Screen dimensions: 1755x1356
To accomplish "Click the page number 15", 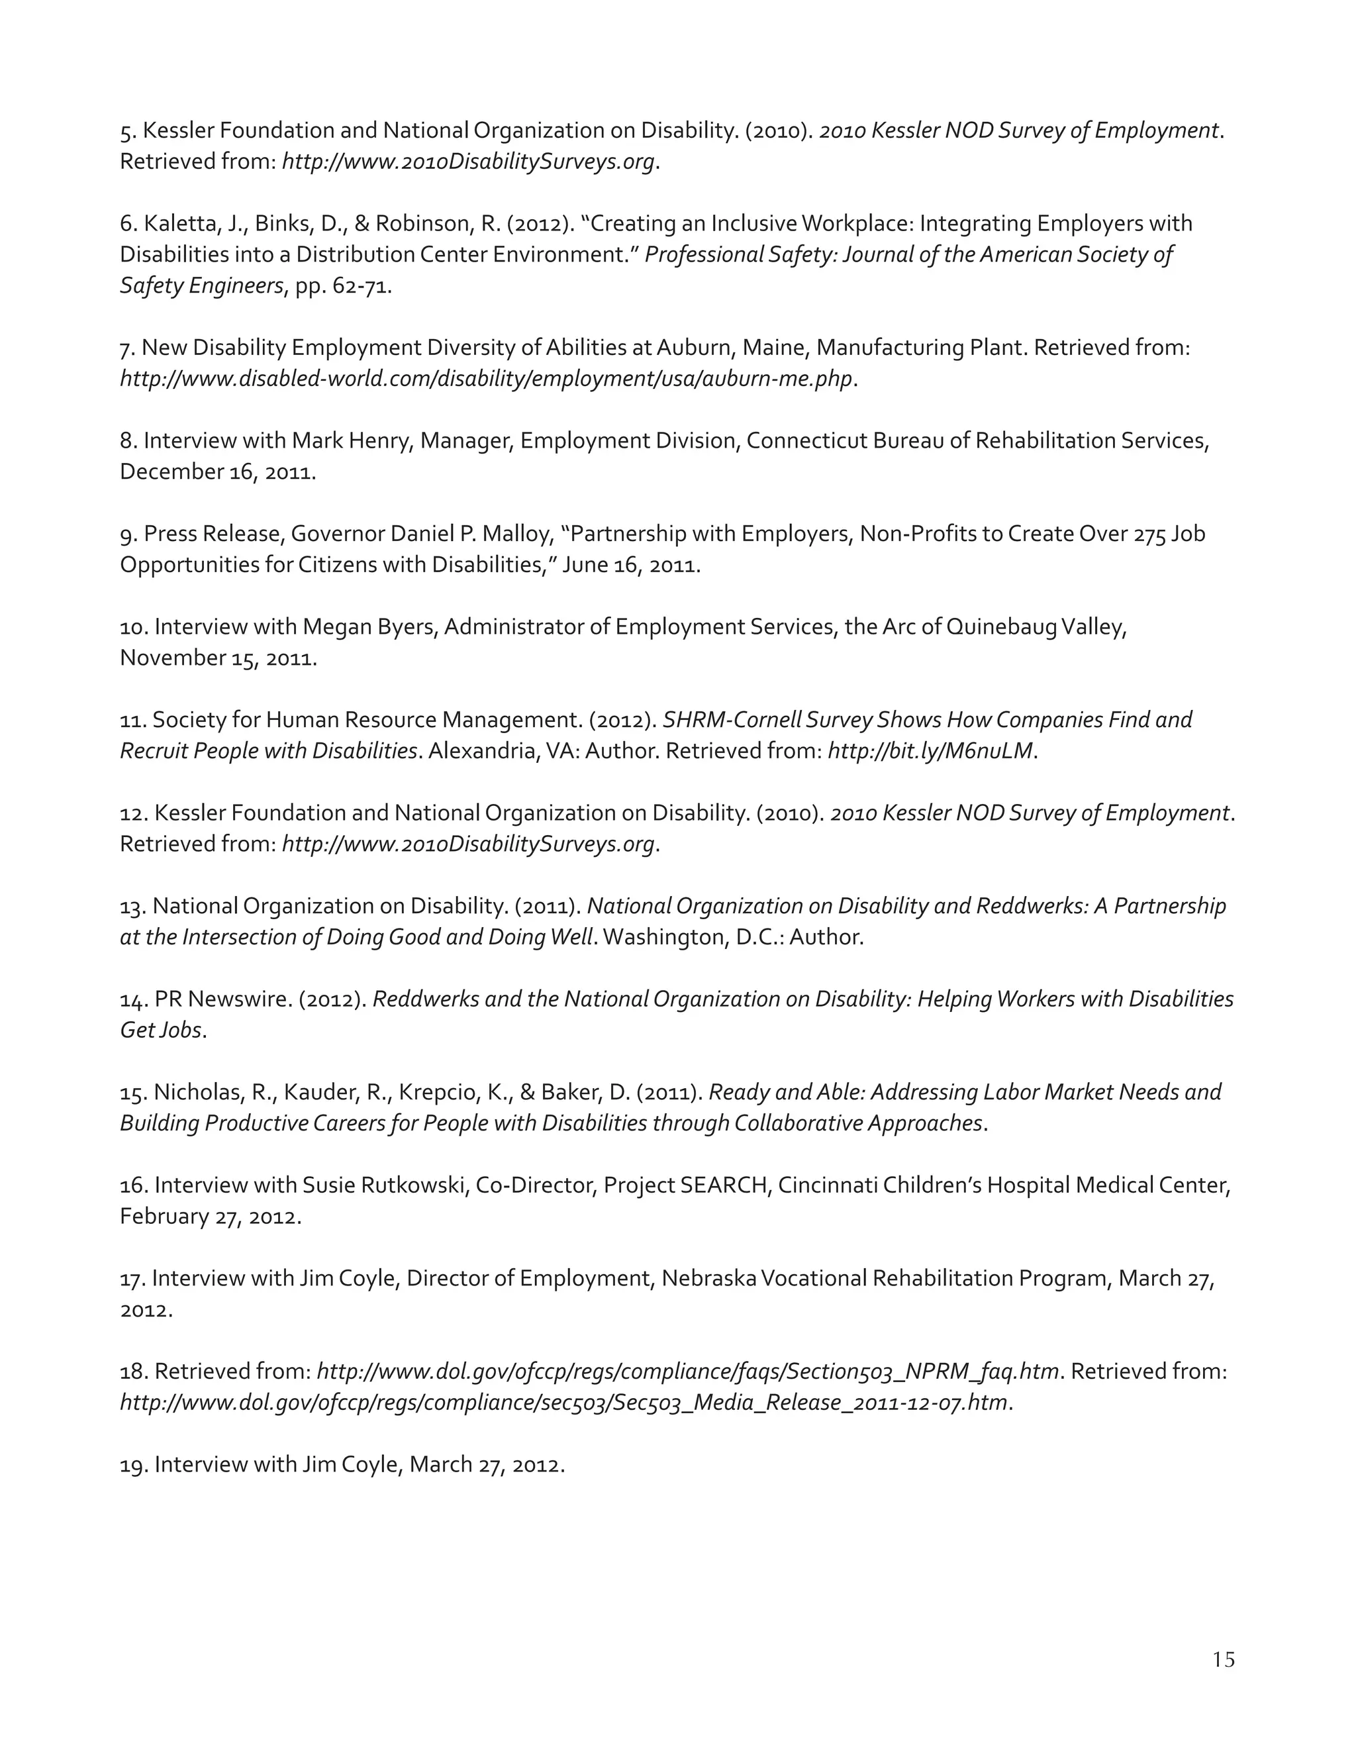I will point(1224,1660).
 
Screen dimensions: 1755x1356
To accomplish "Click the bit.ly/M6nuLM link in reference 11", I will point(930,750).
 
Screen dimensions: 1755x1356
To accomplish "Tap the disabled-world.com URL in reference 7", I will point(486,378).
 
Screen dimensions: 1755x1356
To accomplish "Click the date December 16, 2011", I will point(217,472).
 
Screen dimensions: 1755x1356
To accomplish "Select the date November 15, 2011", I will point(218,658).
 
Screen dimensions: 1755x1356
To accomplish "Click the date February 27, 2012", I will point(210,1217).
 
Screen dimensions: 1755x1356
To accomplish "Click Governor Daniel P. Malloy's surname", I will point(520,534).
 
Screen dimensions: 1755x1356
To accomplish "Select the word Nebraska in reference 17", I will point(708,1278).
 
